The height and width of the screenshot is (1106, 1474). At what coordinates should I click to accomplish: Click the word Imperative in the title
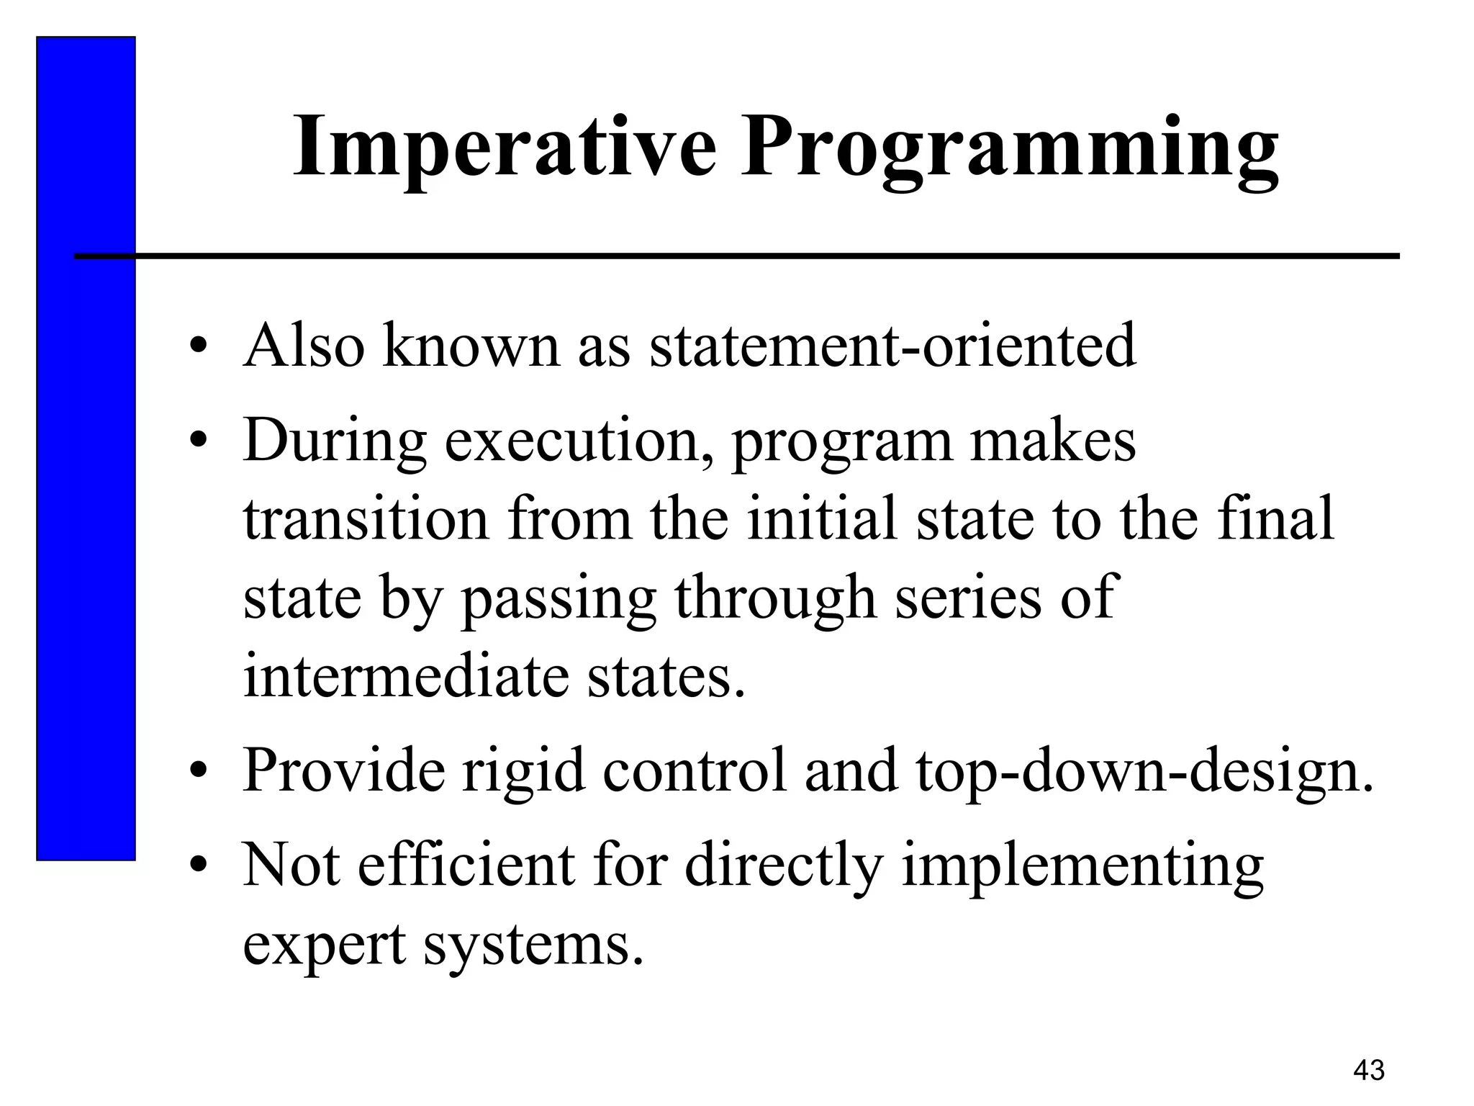[504, 148]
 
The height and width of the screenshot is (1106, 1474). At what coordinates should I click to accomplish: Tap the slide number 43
[1368, 1070]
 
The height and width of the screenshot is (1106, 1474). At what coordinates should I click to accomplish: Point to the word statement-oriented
[892, 346]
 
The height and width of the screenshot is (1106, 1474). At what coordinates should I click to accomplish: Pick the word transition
[366, 520]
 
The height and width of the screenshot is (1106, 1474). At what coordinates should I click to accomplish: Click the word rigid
[523, 772]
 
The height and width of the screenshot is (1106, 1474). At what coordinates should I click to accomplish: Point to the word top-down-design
[1144, 772]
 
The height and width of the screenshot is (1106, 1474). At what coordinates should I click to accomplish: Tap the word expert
[324, 945]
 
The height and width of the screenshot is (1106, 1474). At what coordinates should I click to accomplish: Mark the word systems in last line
[532, 945]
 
